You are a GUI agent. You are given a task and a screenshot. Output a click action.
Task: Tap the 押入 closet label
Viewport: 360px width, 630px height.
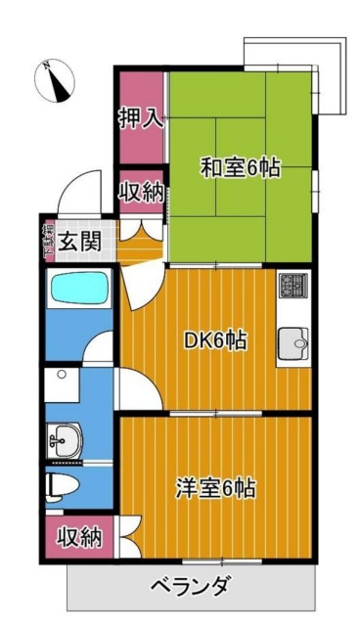(141, 119)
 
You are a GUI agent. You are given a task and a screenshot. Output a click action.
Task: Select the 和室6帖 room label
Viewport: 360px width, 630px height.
(241, 168)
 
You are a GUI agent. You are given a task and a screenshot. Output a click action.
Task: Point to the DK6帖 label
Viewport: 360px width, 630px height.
(215, 341)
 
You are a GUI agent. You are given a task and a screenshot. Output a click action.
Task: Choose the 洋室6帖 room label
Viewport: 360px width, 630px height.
(216, 487)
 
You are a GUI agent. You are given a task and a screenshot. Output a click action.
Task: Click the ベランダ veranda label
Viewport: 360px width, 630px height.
(191, 587)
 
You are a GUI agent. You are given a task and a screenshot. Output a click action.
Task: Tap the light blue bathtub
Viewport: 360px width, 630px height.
(78, 290)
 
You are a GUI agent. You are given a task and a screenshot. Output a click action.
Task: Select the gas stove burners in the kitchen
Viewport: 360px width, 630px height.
(292, 286)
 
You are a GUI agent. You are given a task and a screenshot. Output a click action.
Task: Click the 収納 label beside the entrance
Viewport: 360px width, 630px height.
(141, 192)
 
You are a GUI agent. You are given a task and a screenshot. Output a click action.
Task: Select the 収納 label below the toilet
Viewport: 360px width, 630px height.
(77, 536)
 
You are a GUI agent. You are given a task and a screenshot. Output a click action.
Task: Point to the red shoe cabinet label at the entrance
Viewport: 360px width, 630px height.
(47, 240)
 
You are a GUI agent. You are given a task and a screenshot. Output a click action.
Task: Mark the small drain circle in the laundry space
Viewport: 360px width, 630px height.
(61, 375)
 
